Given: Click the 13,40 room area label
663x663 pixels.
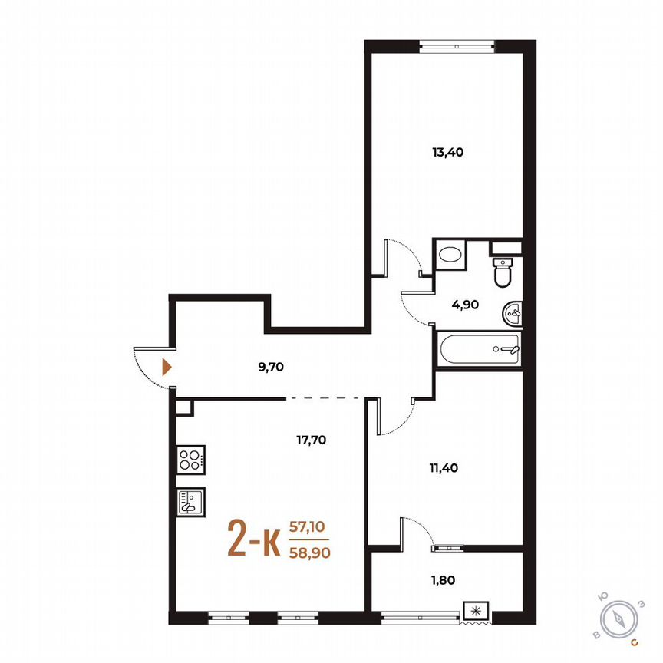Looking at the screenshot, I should [448, 152].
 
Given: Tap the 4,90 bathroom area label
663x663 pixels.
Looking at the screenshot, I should [465, 305].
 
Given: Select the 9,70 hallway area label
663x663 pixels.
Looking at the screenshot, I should [272, 367].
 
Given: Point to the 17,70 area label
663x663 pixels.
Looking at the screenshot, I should [312, 440].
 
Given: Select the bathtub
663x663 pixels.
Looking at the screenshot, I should [479, 348].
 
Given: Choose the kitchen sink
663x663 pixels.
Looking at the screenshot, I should [190, 502].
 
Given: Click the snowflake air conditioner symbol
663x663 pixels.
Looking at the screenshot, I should [477, 611].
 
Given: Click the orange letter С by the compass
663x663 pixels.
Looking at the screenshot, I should [633, 641].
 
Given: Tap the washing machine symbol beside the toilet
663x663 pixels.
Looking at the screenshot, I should [451, 255].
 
